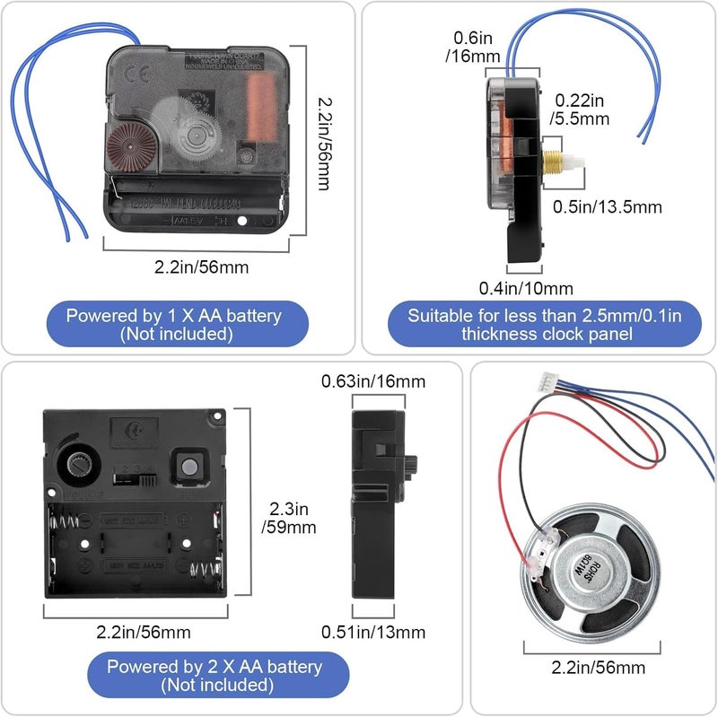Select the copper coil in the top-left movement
(260, 107)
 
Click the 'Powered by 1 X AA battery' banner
(174, 325)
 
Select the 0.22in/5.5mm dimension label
(581, 109)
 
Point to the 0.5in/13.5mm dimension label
(606, 206)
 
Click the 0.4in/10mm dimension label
(526, 287)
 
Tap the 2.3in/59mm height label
(288, 518)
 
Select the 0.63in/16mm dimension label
(372, 381)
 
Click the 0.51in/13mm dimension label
(372, 632)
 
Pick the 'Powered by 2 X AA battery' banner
(215, 676)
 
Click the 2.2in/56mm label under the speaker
(597, 667)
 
